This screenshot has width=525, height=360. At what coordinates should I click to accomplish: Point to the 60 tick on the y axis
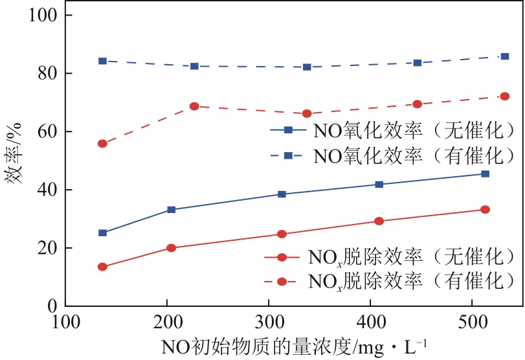(47, 131)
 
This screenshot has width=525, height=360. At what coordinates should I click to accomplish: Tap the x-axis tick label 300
(268, 322)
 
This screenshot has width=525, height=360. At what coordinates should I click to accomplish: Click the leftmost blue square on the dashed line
(102, 61)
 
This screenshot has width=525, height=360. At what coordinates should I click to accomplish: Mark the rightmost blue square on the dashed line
(505, 56)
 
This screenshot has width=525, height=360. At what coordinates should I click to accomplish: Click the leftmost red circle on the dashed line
(102, 143)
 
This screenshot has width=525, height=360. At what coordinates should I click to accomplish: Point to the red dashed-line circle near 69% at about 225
(194, 106)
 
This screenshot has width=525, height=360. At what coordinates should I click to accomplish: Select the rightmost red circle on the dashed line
(505, 96)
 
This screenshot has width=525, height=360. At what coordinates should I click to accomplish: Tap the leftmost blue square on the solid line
(102, 233)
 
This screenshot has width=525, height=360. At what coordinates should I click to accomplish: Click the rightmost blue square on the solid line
(486, 174)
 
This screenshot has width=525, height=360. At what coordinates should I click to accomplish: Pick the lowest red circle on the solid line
(102, 267)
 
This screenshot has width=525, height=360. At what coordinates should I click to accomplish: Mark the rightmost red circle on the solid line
(486, 210)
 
